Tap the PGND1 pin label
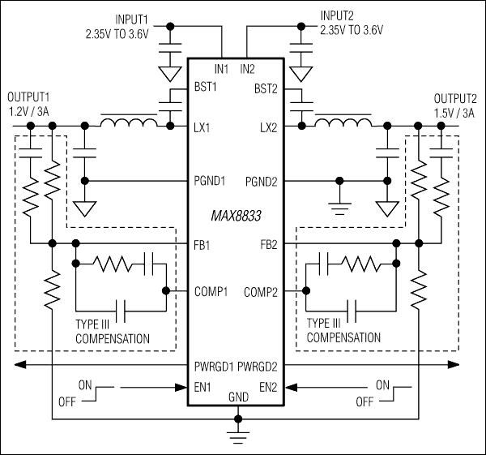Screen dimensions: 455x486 (x=210, y=180)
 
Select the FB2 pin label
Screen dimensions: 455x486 (x=271, y=243)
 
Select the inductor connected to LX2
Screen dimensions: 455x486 (x=343, y=123)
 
